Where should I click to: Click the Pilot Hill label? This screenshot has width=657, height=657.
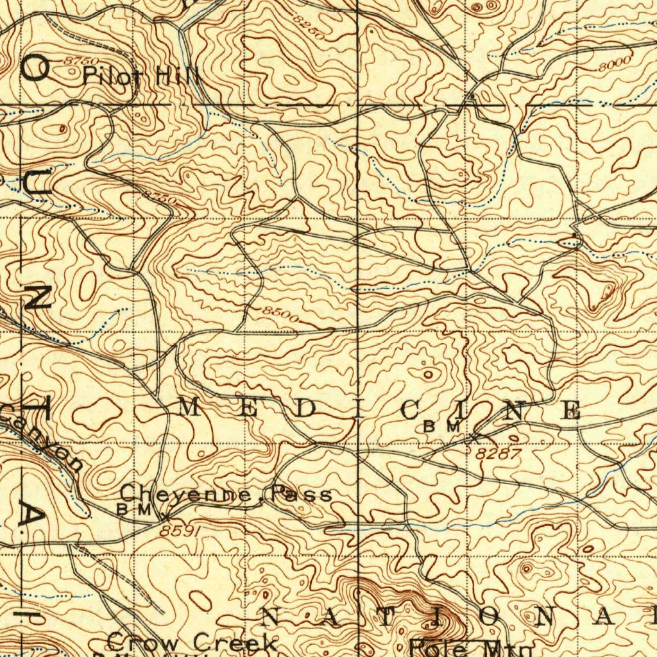pyautogui.click(x=141, y=76)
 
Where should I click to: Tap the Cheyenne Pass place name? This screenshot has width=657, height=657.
pyautogui.click(x=226, y=494)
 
